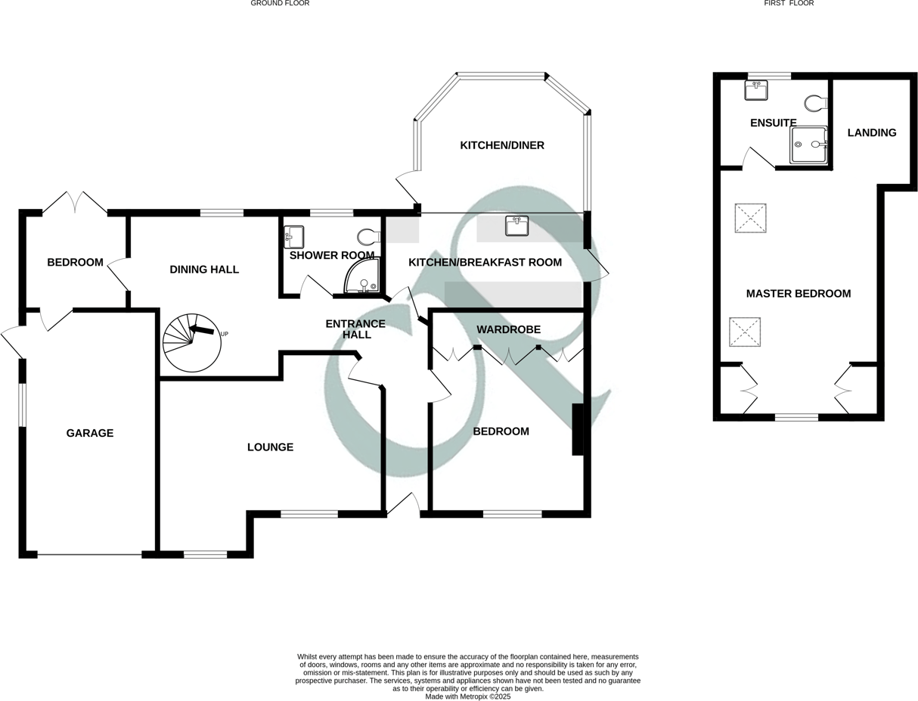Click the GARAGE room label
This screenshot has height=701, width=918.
(90, 433)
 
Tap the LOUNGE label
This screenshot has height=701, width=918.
(270, 447)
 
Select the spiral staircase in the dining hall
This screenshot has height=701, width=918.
(192, 343)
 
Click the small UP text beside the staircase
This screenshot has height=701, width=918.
(224, 334)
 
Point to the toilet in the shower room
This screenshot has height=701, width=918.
(368, 237)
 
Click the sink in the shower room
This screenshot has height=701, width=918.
(293, 237)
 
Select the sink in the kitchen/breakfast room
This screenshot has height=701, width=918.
(517, 226)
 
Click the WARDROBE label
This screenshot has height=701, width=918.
(508, 329)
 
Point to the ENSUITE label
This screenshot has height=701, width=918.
(774, 123)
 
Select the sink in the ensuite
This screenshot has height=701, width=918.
(756, 91)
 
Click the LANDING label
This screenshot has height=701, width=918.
(872, 132)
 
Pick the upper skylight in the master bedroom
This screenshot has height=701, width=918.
(750, 218)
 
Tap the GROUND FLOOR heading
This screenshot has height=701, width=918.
(280, 4)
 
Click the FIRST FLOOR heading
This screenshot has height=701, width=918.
(789, 4)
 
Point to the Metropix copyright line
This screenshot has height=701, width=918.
(468, 696)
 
